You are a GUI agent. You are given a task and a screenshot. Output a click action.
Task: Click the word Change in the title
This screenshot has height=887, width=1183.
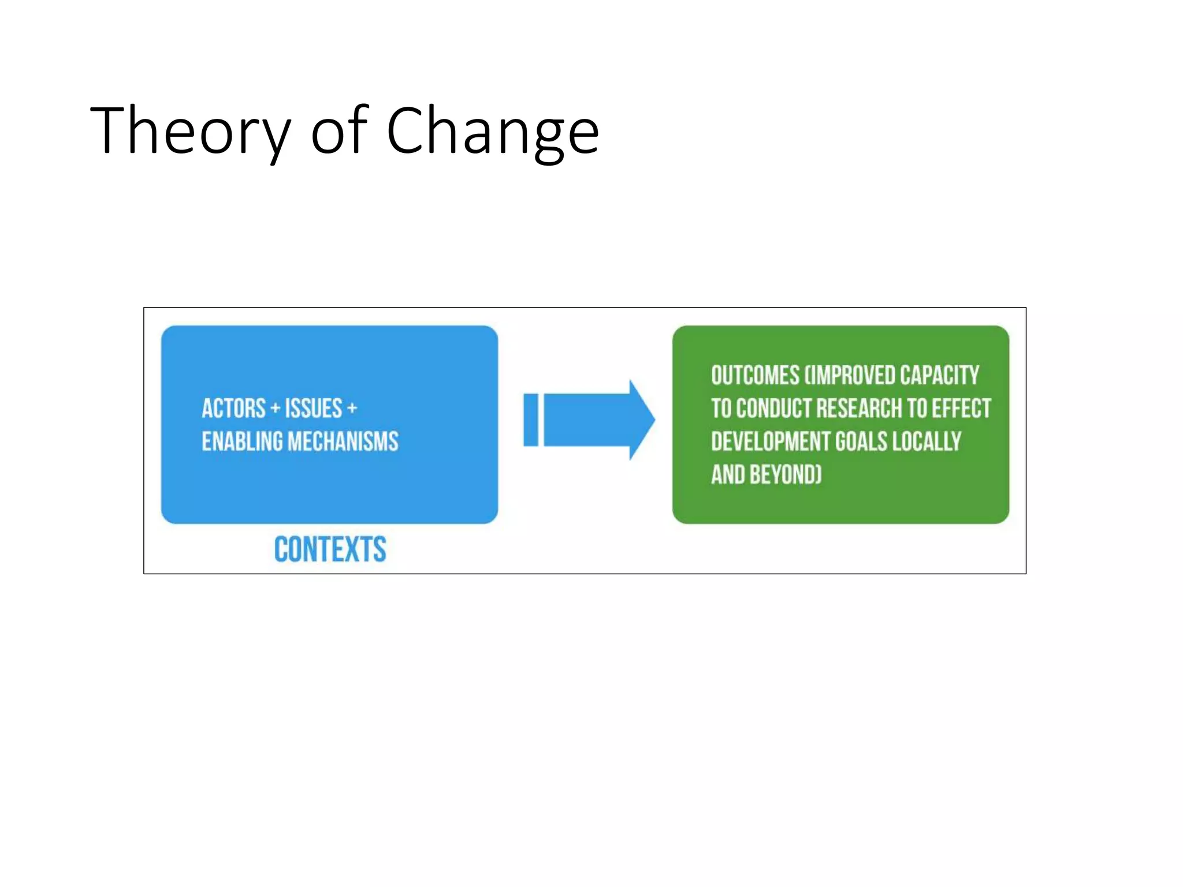492,132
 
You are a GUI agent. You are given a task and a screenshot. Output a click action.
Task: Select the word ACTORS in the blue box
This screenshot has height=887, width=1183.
233,409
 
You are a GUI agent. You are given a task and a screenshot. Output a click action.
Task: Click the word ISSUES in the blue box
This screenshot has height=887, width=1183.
314,409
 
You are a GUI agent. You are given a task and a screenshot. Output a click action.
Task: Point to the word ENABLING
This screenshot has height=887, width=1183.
243,441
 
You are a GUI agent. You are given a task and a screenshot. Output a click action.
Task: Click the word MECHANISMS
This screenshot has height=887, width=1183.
343,441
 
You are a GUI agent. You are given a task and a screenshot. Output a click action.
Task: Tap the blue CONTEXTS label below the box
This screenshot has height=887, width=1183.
330,549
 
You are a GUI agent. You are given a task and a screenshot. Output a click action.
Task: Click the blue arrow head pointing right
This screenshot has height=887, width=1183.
640,420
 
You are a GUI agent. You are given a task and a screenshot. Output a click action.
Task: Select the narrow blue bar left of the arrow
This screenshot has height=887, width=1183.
531,420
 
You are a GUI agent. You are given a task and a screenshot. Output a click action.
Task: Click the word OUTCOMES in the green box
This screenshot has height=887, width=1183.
755,375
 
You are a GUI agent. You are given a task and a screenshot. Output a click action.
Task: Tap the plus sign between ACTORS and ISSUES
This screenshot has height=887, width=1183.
275,409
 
